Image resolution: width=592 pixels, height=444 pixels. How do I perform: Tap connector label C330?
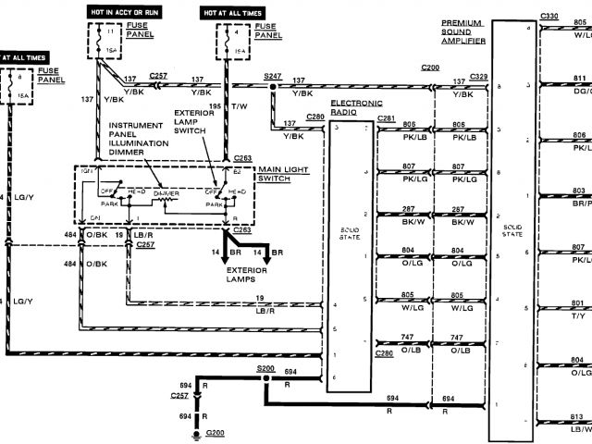click(x=549, y=17)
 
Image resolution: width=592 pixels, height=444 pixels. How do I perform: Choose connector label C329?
click(x=479, y=75)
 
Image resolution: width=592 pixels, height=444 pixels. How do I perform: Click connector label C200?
click(x=430, y=68)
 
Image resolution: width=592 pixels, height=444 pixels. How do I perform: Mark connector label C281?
click(x=386, y=117)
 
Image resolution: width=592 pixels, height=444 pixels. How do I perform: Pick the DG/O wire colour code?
click(x=580, y=91)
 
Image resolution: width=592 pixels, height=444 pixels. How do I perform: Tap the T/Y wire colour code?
click(x=579, y=315)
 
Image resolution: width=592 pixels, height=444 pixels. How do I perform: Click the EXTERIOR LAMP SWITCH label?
click(x=199, y=122)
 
